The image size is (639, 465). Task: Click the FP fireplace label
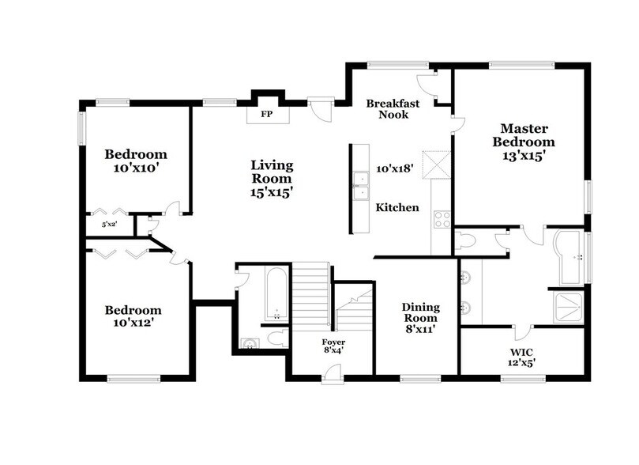click(x=266, y=115)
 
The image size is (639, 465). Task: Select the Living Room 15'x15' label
click(x=272, y=178)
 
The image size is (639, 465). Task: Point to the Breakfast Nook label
click(x=393, y=108)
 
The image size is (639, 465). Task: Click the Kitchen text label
click(x=397, y=208)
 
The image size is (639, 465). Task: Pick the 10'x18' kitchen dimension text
click(x=396, y=168)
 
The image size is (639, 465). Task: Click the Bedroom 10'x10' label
click(x=136, y=161)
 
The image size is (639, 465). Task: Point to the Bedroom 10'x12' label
click(x=133, y=316)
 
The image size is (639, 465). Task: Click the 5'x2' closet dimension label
click(x=110, y=225)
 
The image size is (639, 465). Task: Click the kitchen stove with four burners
click(x=442, y=219)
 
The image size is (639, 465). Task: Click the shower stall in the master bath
click(x=569, y=308)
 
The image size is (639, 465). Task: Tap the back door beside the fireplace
click(x=321, y=109)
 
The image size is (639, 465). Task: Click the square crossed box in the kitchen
click(x=435, y=165)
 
